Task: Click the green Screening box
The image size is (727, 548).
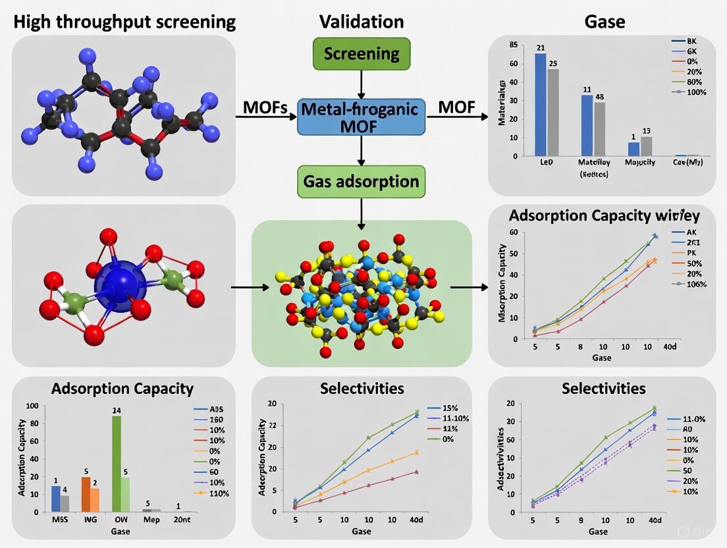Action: click(x=362, y=53)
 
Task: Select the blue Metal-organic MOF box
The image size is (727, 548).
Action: click(x=361, y=117)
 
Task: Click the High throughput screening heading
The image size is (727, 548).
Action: click(x=124, y=22)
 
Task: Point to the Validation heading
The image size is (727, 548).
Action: click(x=362, y=22)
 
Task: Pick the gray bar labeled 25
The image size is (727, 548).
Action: click(x=553, y=112)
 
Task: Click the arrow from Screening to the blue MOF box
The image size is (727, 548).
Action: click(x=361, y=84)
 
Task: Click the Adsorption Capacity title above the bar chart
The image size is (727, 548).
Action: click(x=122, y=389)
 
